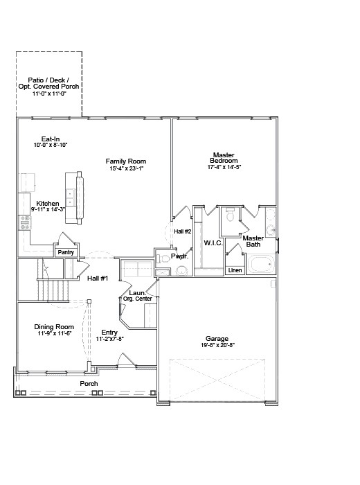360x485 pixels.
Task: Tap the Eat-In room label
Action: tap(51, 139)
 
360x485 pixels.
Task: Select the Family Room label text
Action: tap(125, 161)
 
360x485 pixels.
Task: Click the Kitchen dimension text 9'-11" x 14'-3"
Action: tap(47, 209)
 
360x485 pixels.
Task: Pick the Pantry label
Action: tap(66, 253)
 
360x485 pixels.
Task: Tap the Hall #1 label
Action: tap(97, 279)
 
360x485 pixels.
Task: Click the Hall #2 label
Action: tap(183, 231)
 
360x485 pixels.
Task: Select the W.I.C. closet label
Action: tap(212, 243)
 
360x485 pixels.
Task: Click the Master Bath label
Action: tap(253, 241)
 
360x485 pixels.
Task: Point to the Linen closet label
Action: tap(235, 270)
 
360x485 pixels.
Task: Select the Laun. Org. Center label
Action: tap(137, 296)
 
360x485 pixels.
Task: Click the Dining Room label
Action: tap(54, 327)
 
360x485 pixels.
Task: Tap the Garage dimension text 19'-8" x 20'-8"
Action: tap(218, 345)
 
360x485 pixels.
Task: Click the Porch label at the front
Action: tap(89, 384)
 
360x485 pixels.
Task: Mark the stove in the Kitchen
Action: tap(24, 222)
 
